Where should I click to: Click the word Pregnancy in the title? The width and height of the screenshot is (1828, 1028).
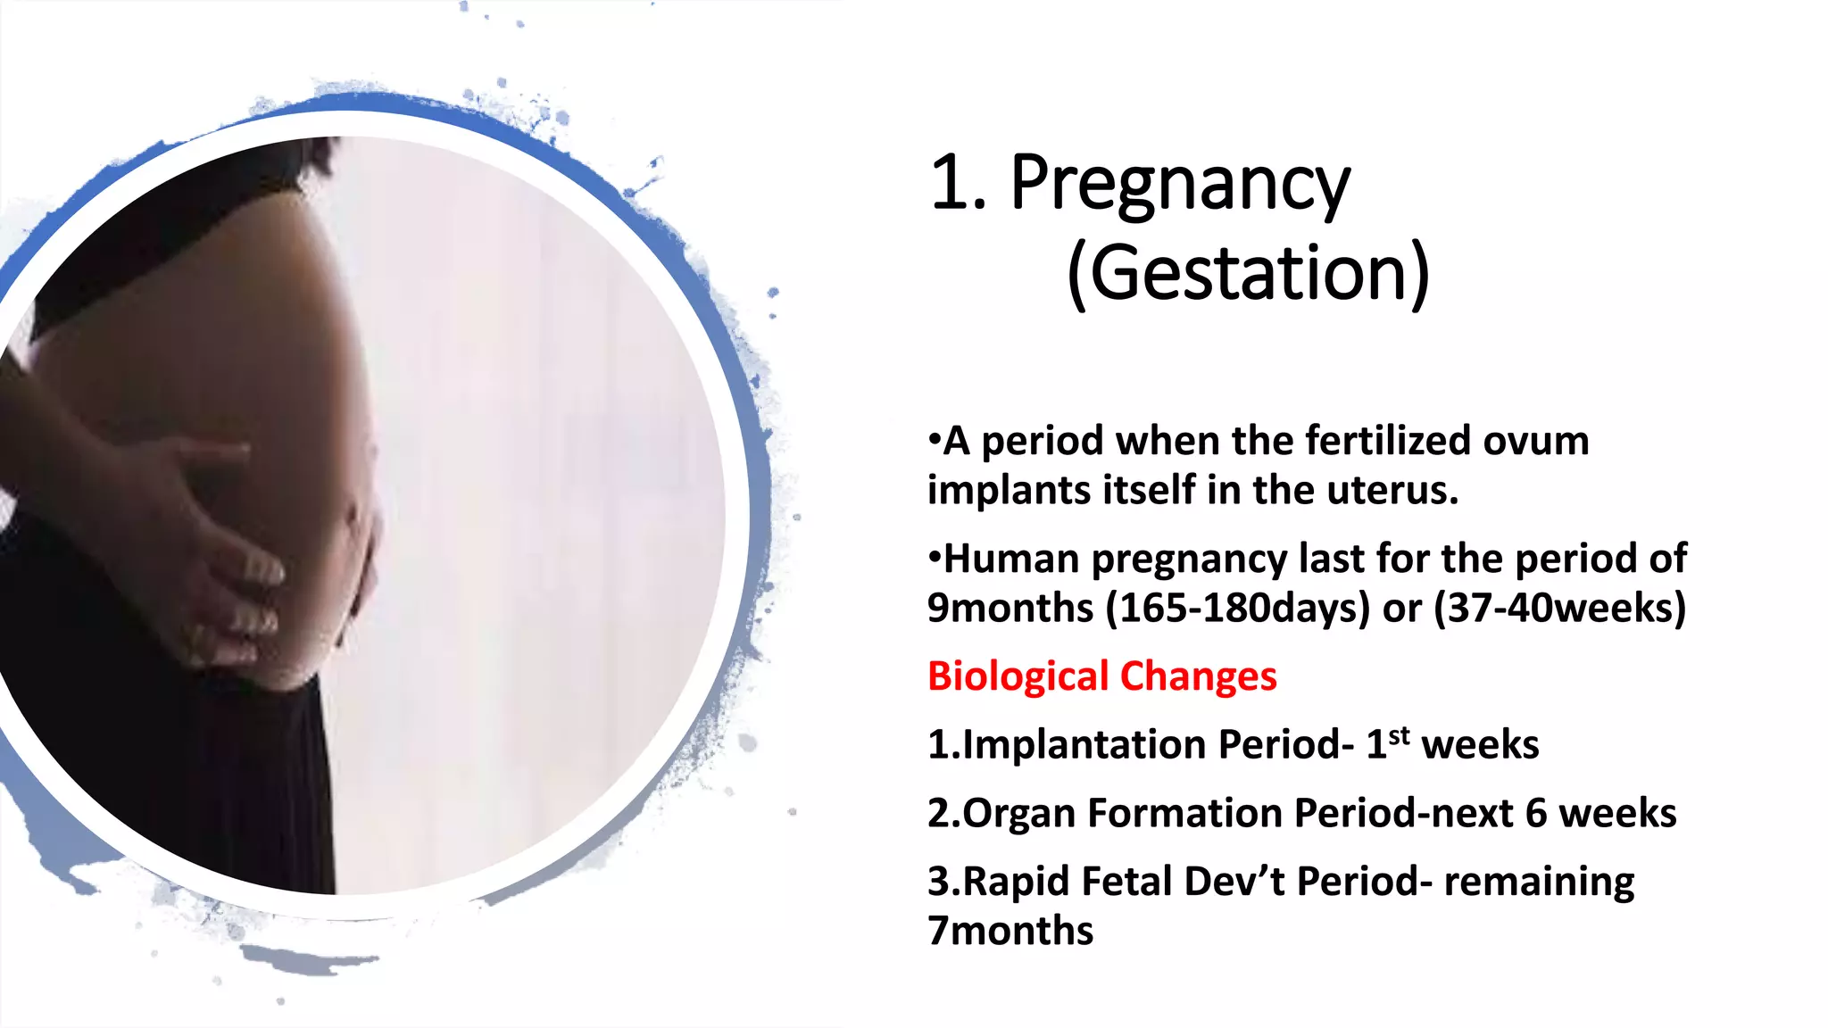point(1180,186)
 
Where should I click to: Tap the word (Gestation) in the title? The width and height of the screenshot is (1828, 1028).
point(1248,273)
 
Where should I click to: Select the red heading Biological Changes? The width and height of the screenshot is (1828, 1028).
point(1101,676)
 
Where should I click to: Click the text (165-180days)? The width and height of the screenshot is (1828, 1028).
point(1237,608)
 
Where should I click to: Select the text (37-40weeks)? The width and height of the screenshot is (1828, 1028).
point(1559,608)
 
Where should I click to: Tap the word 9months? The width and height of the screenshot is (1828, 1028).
point(1010,608)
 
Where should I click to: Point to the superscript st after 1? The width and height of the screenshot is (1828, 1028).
point(1400,735)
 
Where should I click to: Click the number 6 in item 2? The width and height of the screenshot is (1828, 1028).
point(1535,813)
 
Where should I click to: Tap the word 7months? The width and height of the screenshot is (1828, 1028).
point(1010,931)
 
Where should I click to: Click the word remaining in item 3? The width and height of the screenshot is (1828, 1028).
point(1539,882)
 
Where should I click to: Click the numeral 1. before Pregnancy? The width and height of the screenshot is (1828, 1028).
point(958,184)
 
